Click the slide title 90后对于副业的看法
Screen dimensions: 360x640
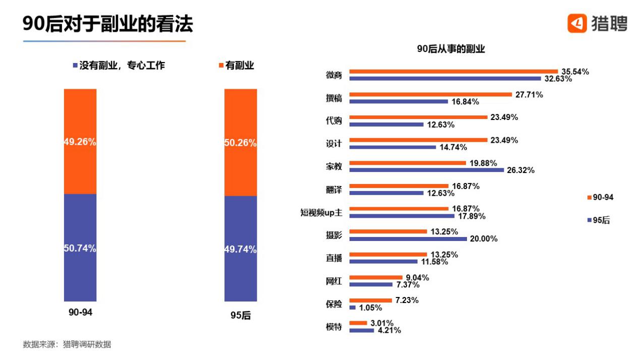tap(108, 24)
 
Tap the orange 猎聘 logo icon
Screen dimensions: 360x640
tap(577, 23)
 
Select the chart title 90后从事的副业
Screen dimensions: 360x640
tap(451, 49)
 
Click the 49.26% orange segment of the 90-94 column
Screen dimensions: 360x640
tap(80, 142)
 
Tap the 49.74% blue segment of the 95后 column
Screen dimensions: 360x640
tap(241, 249)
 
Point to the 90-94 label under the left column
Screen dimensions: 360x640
tap(81, 313)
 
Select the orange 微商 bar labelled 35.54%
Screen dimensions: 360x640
tap(453, 72)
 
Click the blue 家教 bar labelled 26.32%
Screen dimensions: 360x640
tap(427, 170)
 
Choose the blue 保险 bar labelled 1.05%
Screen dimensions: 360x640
tap(353, 308)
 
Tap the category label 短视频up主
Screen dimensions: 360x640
tap(321, 213)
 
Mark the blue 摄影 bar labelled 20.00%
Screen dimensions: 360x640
tap(408, 238)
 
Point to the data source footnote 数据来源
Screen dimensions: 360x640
tap(67, 344)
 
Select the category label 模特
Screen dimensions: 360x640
tap(334, 327)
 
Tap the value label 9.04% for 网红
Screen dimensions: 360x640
tap(417, 277)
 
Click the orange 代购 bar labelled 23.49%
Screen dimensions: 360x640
tap(418, 117)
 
